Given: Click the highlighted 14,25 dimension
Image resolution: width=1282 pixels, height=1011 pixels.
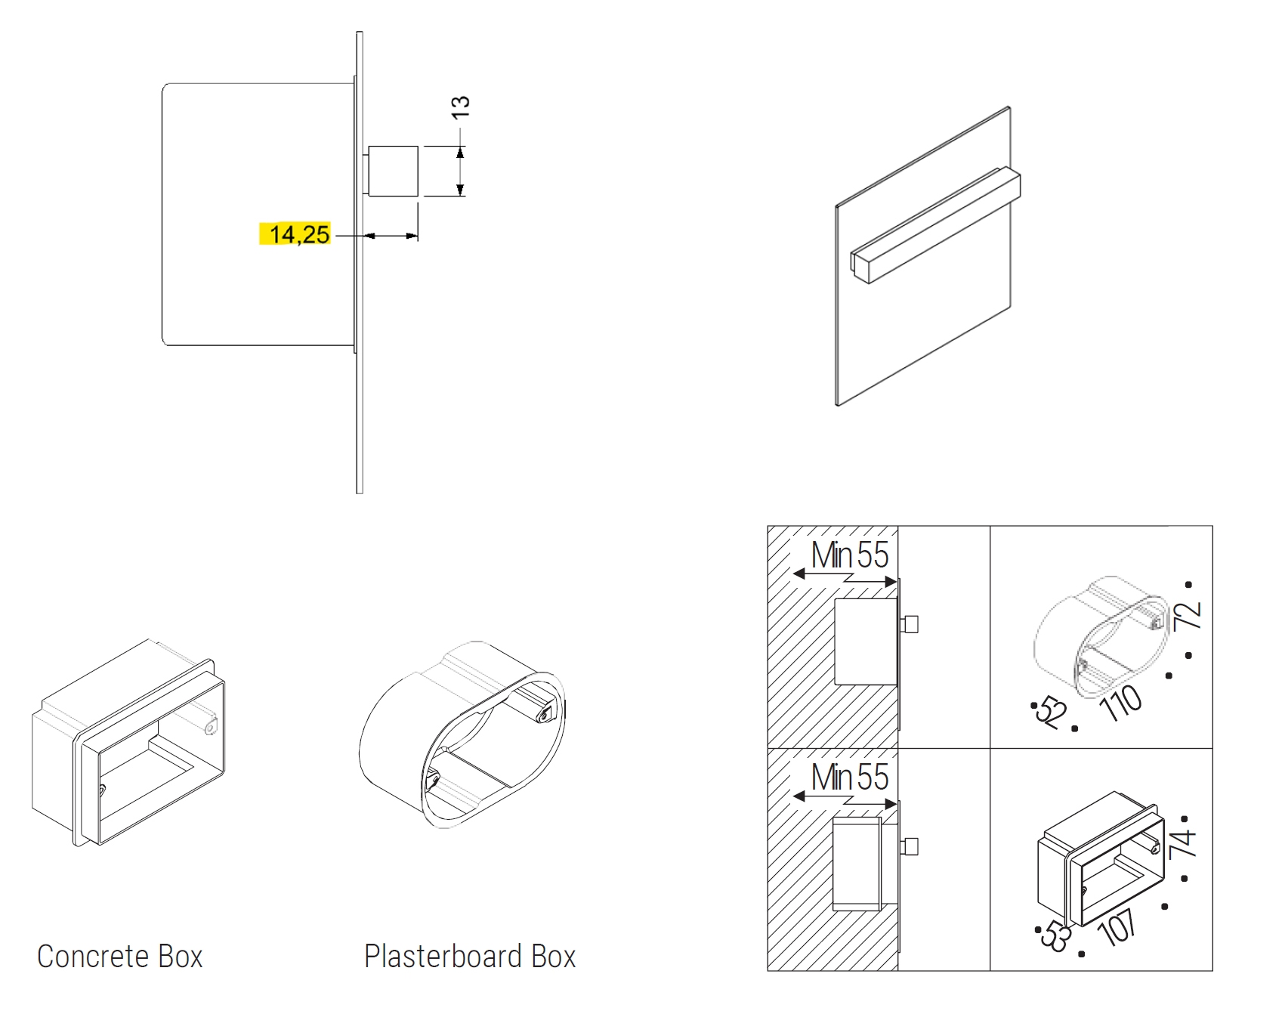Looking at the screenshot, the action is tap(299, 234).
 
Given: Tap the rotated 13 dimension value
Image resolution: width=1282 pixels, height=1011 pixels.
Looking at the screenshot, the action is tap(460, 107).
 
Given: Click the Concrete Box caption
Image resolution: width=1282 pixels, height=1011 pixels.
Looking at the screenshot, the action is tap(120, 956).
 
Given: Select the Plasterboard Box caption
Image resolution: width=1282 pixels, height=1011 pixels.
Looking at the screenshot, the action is tap(470, 956).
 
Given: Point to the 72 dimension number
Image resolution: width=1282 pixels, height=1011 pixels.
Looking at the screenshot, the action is tap(1187, 615).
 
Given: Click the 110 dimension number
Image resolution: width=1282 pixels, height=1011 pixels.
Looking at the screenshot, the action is tap(1122, 703).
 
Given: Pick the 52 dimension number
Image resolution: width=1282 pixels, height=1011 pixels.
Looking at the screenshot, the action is tap(1051, 711).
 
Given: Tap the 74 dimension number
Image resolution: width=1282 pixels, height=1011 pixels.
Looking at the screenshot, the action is tap(1182, 842).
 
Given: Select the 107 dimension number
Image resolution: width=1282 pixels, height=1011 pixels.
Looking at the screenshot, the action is tap(1118, 926).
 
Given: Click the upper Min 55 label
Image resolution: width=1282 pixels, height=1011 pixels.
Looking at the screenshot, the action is tap(850, 555).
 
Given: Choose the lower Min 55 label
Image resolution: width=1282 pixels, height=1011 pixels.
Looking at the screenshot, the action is tap(850, 777).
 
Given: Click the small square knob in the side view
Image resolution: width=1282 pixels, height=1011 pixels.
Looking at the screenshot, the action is tap(393, 172).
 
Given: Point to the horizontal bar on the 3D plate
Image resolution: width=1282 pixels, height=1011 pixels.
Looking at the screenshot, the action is tap(936, 225).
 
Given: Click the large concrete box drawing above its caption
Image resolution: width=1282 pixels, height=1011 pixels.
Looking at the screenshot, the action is tap(128, 743).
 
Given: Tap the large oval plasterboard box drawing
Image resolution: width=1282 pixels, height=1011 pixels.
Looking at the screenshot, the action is tap(462, 734).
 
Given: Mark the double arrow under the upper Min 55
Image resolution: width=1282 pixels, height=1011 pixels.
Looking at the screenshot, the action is tap(845, 578).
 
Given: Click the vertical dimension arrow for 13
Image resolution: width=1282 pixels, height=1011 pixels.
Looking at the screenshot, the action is tap(460, 172).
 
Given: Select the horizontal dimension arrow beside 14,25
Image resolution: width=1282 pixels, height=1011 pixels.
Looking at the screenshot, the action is tap(391, 237).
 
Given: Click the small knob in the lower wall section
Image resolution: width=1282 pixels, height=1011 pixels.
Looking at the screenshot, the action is tap(910, 846).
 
